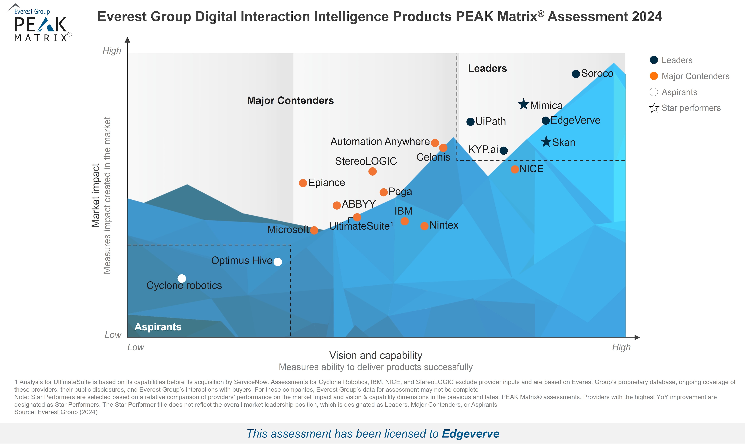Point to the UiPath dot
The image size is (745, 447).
tap(470, 122)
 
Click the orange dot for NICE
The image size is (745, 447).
tap(515, 169)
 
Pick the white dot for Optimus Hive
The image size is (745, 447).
tap(278, 262)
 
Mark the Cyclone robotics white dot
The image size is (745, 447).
tap(182, 278)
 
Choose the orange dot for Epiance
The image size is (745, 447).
tap(303, 183)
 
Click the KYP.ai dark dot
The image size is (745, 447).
tap(503, 150)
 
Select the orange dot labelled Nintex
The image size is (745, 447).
tap(424, 226)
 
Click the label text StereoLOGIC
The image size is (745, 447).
tap(366, 161)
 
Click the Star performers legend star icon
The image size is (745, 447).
tap(654, 108)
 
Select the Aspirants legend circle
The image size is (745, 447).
tap(654, 92)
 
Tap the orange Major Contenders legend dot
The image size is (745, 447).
tap(654, 76)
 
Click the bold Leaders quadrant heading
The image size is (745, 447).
tap(487, 68)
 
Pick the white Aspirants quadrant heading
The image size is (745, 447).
tap(158, 327)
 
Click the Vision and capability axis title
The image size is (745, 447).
tap(375, 355)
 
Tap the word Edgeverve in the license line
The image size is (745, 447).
tap(470, 434)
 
